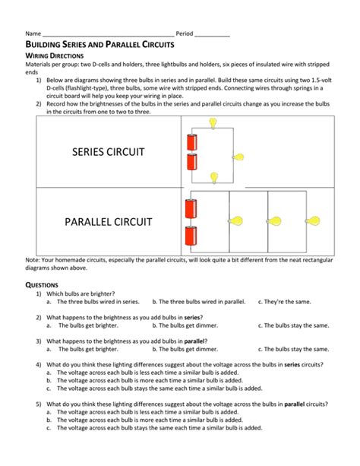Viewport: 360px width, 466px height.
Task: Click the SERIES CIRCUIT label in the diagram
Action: tap(108, 152)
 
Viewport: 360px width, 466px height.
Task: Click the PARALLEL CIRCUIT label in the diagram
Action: tap(108, 222)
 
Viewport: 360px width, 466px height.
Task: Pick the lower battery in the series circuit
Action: tap(191, 162)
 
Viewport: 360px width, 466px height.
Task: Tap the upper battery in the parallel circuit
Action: tap(191, 208)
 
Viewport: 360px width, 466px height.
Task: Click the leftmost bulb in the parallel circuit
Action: tap(237, 221)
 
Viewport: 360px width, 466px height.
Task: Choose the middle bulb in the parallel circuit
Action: tap(275, 221)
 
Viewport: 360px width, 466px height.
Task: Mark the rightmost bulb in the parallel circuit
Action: tap(313, 221)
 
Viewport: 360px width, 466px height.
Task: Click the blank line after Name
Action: tap(107, 35)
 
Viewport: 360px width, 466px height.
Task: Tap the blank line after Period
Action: tap(212, 35)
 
